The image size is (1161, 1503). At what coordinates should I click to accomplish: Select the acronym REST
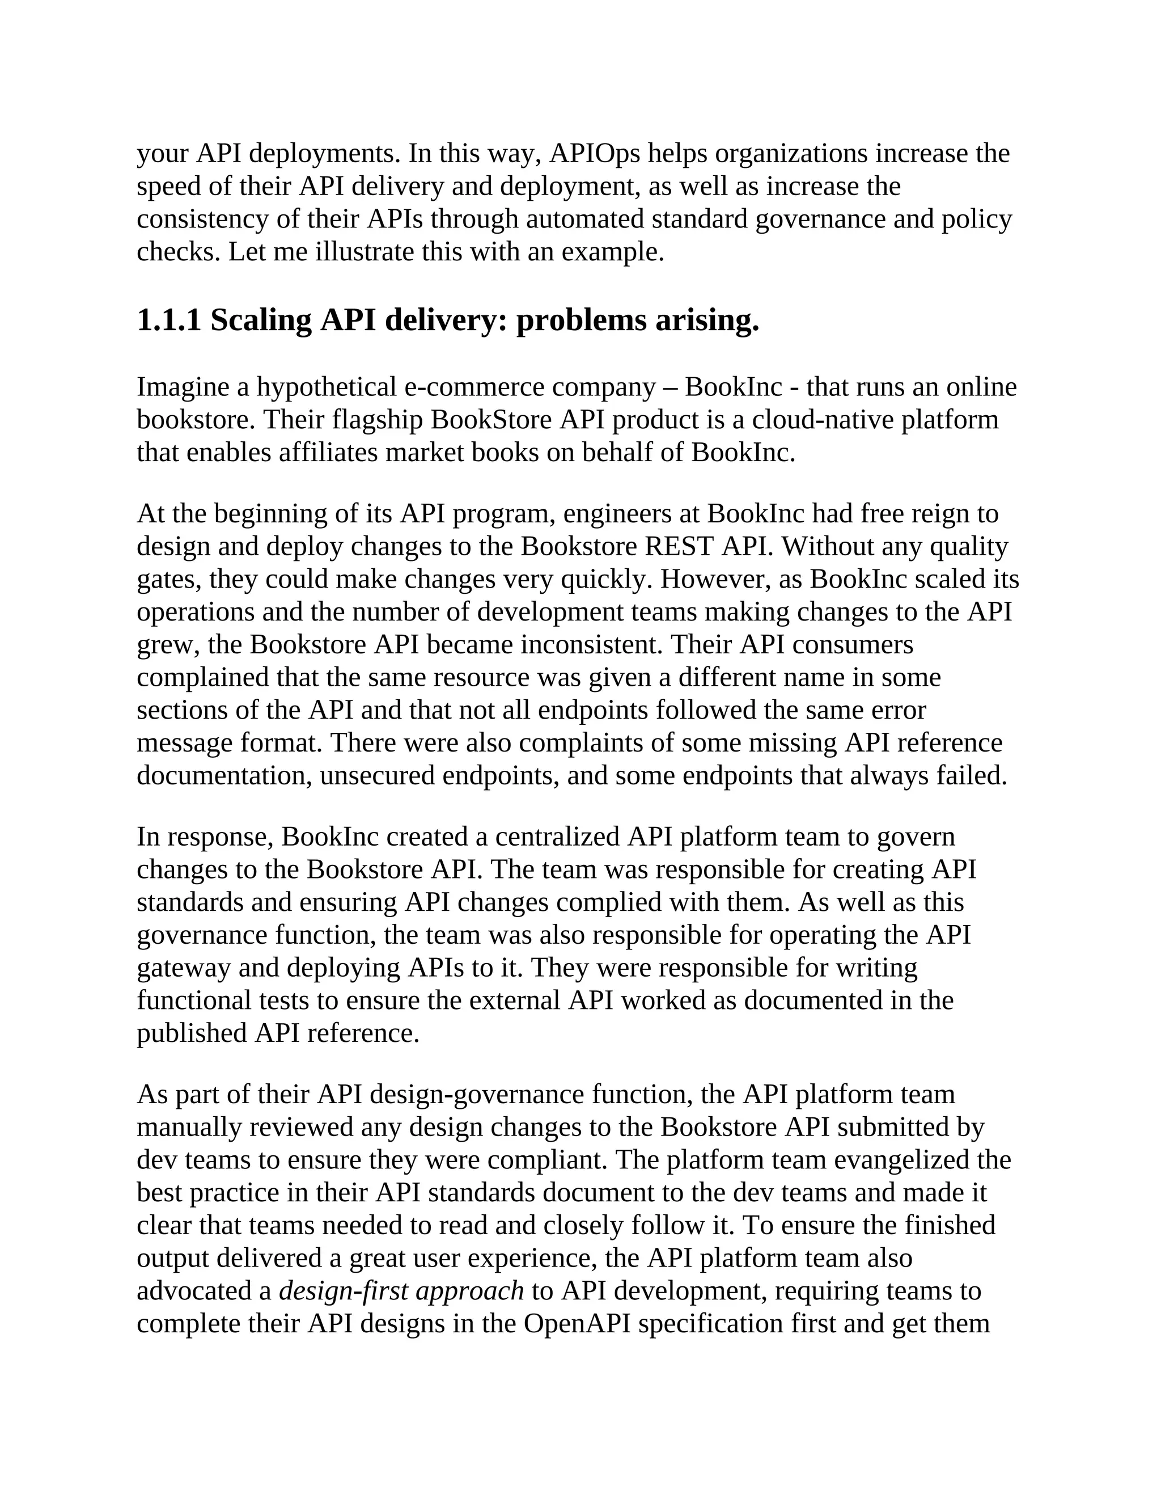tap(680, 546)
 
